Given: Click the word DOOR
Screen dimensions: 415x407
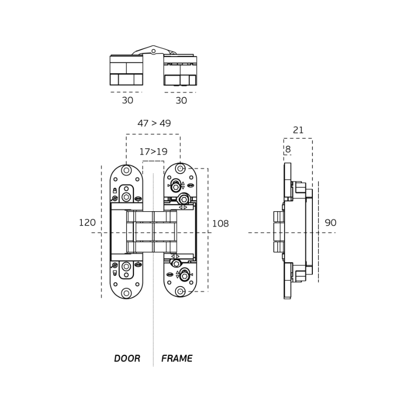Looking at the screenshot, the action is [127, 358].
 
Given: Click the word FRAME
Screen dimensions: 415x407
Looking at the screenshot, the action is [177, 358].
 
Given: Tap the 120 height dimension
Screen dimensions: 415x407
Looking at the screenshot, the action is [87, 223].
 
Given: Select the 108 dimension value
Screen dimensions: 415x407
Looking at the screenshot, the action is [221, 224].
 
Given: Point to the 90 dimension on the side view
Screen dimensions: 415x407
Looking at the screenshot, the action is [331, 223].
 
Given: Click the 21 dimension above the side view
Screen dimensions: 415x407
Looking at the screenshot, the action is [298, 130].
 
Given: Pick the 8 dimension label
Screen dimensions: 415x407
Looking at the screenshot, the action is [288, 149].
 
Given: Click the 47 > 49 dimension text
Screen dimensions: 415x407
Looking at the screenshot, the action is [154, 123].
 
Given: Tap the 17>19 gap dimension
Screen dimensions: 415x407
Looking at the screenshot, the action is [154, 152].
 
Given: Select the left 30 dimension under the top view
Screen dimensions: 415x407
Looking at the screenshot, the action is [127, 100].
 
